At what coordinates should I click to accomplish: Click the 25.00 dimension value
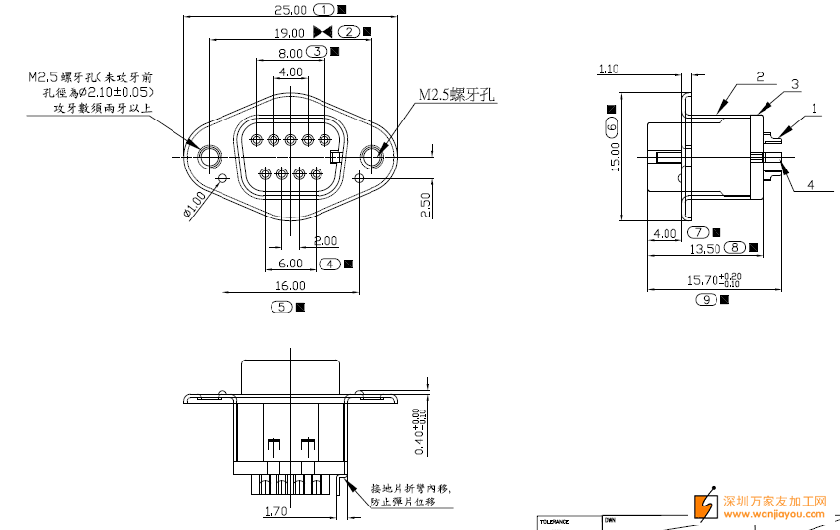pos(290,10)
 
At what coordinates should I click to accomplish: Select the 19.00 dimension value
pos(290,31)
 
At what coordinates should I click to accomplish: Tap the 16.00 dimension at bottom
pos(290,286)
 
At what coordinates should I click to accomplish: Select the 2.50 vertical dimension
pos(425,205)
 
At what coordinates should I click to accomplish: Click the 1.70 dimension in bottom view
pos(275,510)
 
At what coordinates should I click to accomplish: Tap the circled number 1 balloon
pos(325,10)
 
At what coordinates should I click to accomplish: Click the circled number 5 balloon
pos(281,307)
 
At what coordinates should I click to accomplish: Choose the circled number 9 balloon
pos(707,299)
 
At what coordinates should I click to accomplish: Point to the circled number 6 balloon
pos(612,127)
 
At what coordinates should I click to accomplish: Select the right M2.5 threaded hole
pos(372,156)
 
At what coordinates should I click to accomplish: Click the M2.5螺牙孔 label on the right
pos(458,95)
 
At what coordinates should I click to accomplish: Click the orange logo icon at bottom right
pos(706,505)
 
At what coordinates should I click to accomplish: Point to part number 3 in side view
pos(795,84)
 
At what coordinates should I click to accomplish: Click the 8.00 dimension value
pos(290,53)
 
